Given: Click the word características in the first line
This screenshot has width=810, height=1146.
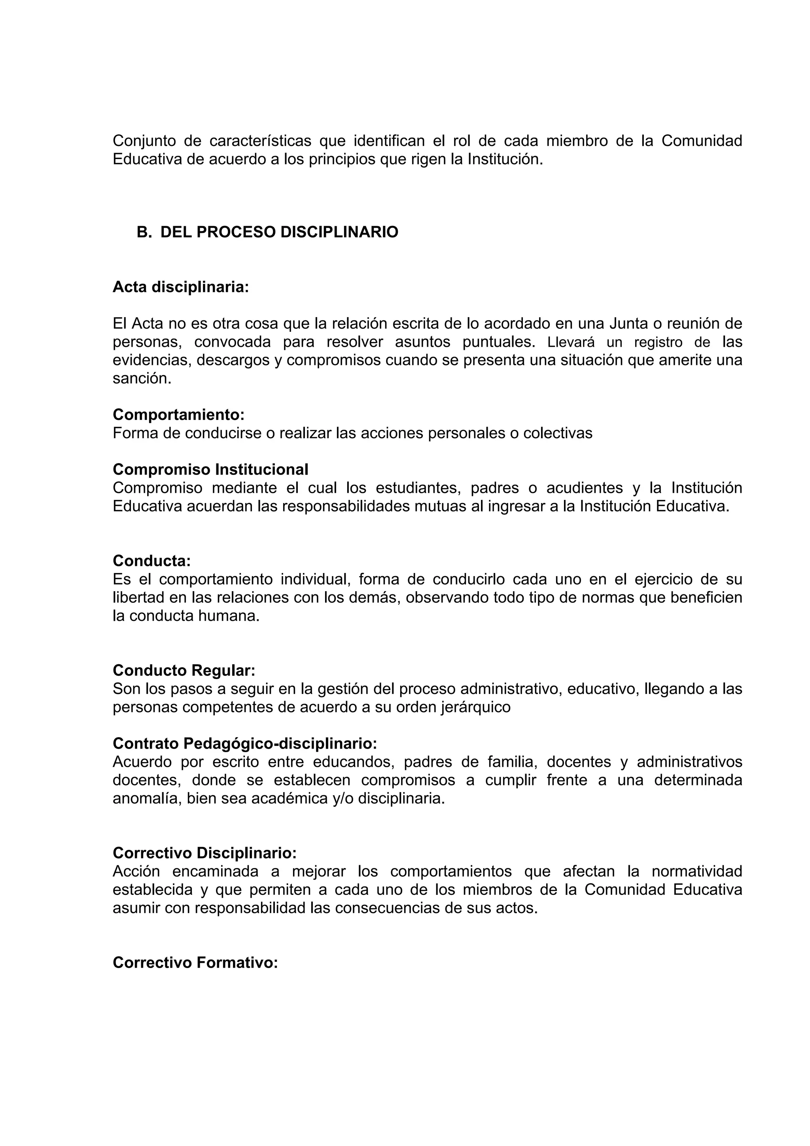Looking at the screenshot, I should point(260,141).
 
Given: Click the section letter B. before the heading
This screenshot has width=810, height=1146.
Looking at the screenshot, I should point(144,232).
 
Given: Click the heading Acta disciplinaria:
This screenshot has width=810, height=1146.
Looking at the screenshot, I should point(181,287).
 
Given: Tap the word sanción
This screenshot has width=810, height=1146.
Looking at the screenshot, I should point(142,379).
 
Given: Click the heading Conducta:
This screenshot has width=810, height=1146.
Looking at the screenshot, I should point(152,561).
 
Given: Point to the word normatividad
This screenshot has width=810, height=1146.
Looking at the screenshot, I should point(697,872).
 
